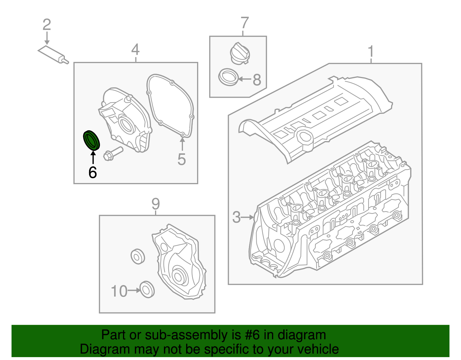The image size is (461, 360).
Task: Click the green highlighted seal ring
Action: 91,141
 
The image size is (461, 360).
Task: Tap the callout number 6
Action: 92,172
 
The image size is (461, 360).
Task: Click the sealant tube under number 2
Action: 53,54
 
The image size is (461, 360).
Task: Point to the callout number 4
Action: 135,50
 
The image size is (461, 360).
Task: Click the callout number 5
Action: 182,159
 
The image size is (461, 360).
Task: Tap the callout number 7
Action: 244,23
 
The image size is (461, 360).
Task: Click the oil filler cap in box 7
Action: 240,54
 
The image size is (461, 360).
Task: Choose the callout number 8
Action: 257,80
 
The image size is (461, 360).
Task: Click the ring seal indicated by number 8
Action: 228,77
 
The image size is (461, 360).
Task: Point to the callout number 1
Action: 371,52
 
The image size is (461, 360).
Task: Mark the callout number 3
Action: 236,217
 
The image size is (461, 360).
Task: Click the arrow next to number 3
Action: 247,217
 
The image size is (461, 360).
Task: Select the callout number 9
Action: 156,204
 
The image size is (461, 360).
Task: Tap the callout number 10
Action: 119,291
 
